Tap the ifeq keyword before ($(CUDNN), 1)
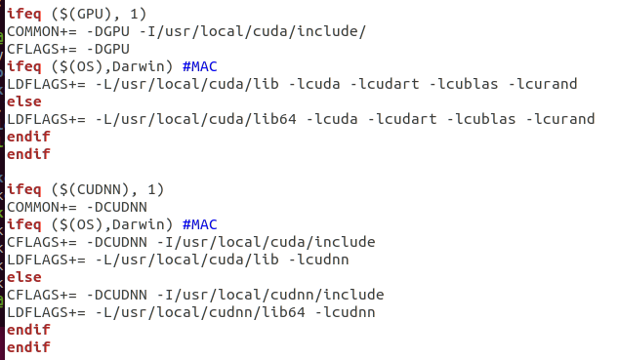point(25,189)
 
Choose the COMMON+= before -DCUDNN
point(40,207)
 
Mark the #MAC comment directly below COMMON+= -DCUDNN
point(201,224)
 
